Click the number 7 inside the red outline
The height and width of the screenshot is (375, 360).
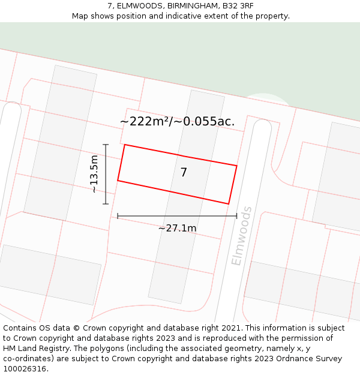tap(184, 173)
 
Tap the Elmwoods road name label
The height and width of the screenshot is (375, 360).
tap(241, 236)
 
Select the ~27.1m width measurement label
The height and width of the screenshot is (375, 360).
tap(177, 228)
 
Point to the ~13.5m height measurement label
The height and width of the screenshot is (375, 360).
tap(94, 174)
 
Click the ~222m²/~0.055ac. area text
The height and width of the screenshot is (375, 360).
tap(177, 121)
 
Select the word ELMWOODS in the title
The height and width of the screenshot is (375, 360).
tap(140, 6)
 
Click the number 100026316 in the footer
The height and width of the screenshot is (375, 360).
tap(25, 369)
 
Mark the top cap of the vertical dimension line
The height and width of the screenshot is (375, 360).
tap(106, 145)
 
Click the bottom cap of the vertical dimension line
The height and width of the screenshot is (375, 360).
tap(106, 204)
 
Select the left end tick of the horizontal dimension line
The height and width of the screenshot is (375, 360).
tap(118, 216)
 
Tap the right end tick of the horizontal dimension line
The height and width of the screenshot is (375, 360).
tap(236, 216)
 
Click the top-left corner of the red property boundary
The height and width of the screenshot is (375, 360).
tap(124, 145)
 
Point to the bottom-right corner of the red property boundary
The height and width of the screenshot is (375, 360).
tap(229, 203)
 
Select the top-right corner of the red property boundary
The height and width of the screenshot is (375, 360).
tap(237, 166)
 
